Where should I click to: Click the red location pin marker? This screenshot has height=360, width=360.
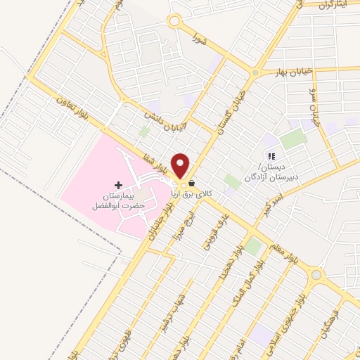[181, 166]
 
